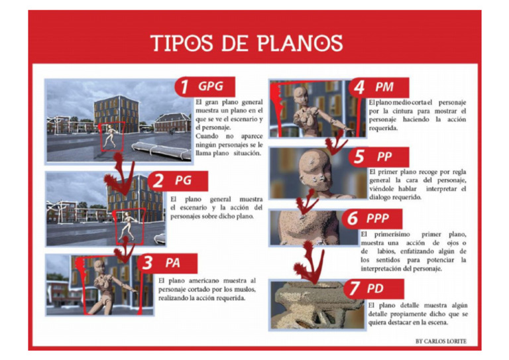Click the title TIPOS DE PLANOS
coord(247,43)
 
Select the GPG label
coord(211,86)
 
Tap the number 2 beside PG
coord(159,180)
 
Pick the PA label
coord(173,263)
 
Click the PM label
coord(384,87)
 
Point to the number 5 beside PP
coord(359,157)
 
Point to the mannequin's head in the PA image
coord(99,267)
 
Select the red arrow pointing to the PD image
coord(311,262)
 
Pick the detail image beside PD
coord(317,305)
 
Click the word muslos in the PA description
coord(235,288)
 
